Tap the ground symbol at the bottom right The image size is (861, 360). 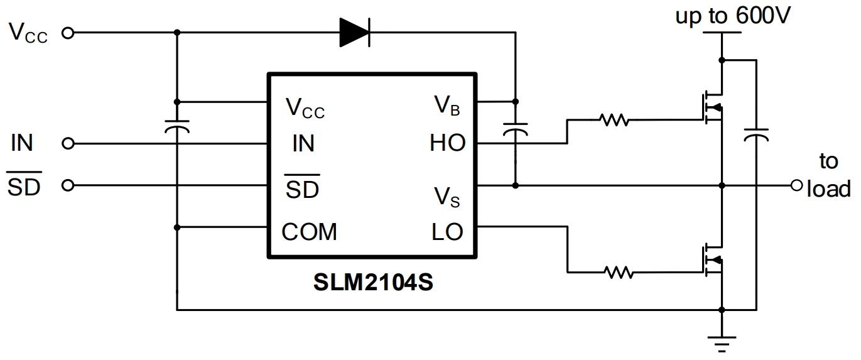click(x=722, y=342)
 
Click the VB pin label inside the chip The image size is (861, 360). click(x=447, y=105)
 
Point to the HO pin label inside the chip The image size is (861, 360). click(x=447, y=143)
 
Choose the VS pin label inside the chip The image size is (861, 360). click(x=447, y=197)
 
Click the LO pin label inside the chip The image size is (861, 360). click(x=447, y=232)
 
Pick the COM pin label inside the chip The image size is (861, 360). click(x=309, y=232)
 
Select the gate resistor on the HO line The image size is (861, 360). click(x=614, y=119)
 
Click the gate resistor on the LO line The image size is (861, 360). click(x=618, y=272)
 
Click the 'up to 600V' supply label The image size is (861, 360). click(x=732, y=16)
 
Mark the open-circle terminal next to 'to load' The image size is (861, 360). click(x=797, y=185)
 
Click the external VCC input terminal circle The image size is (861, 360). click(x=68, y=33)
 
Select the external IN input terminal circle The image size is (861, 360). click(x=68, y=144)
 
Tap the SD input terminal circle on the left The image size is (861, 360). click(x=68, y=185)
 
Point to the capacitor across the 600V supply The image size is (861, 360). click(x=755, y=134)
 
